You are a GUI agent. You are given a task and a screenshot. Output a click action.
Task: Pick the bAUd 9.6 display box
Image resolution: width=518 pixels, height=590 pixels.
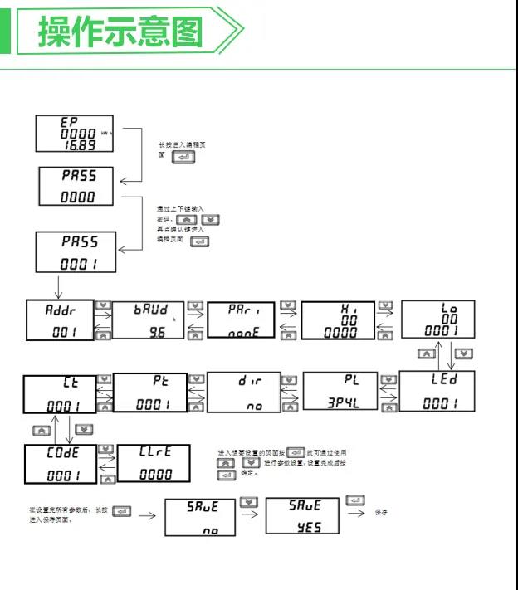coord(149,319)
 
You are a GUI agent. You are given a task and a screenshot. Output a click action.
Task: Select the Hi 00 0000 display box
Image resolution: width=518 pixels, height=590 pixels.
coord(337,319)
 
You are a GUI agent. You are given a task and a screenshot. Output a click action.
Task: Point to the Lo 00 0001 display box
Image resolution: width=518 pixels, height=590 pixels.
coord(439,319)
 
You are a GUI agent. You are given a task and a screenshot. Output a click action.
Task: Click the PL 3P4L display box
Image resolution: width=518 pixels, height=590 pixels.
coord(341,393)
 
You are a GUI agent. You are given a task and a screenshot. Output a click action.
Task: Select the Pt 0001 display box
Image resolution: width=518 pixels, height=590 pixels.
coord(149,393)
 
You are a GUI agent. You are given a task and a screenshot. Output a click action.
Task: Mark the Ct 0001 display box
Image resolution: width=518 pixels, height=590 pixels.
coord(59,393)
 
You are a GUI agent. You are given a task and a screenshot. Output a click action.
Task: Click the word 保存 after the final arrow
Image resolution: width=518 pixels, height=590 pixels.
coord(382,513)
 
